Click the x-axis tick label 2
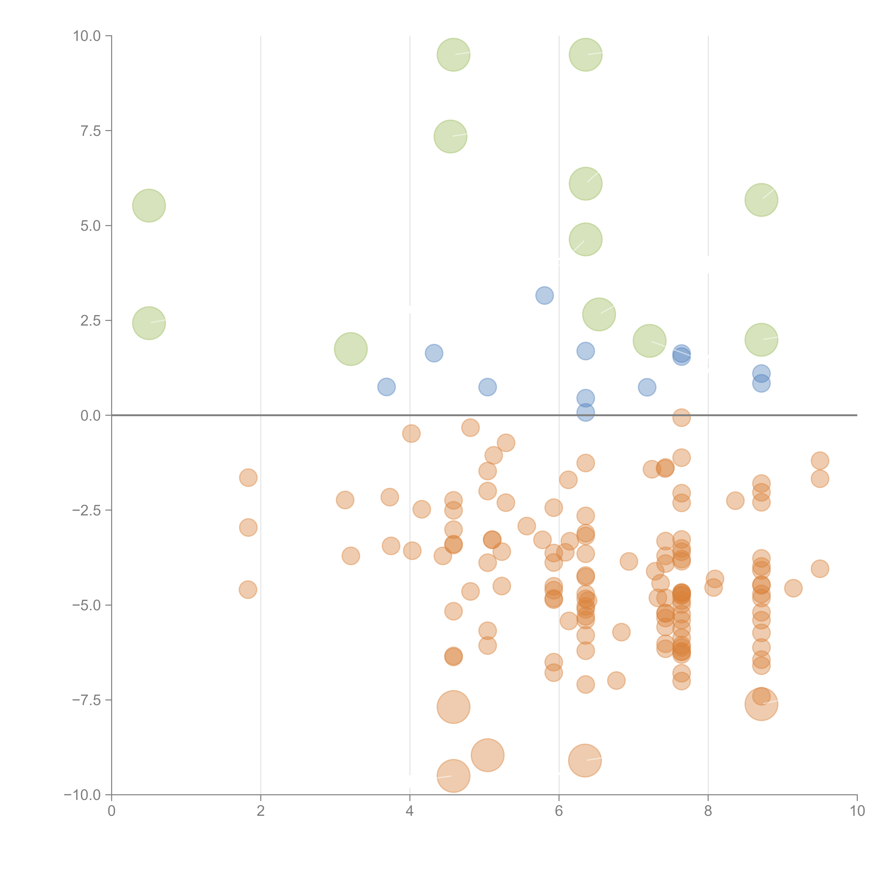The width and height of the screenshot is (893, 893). point(261,811)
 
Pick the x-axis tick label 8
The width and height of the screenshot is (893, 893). point(708,811)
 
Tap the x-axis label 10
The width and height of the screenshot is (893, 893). point(857,811)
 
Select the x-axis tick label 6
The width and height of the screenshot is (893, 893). point(559,811)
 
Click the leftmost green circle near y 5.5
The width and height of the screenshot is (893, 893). point(149,206)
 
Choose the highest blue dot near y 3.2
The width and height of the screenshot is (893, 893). point(545,295)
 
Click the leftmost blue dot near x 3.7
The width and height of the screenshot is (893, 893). point(386,387)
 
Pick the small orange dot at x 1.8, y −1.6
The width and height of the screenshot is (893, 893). point(248,477)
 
